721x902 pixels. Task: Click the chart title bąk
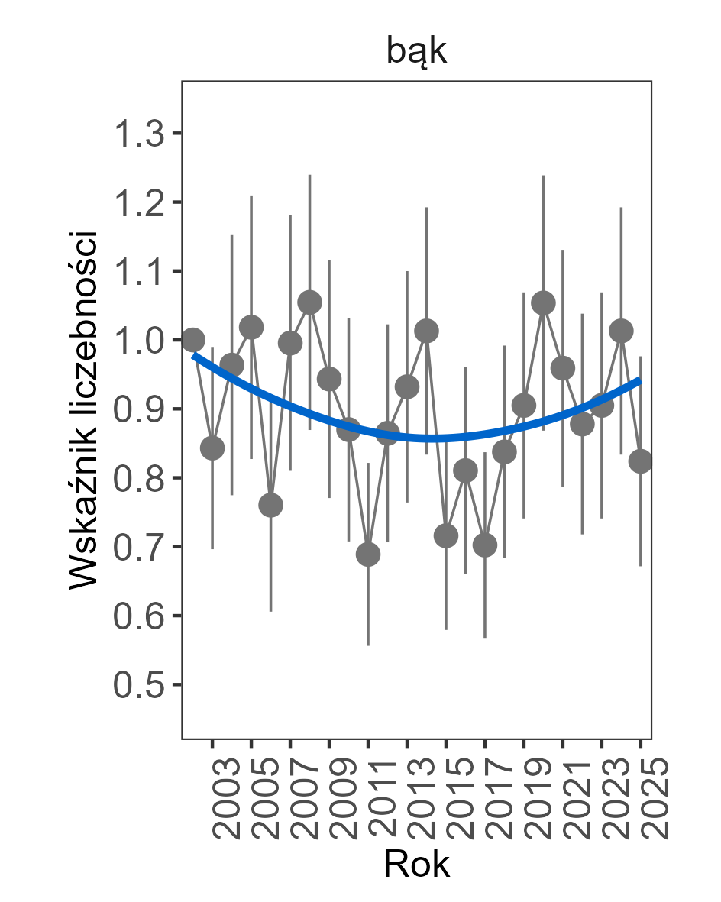click(x=416, y=53)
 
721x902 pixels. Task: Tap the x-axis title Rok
click(x=416, y=865)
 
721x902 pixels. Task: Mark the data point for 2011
click(x=368, y=554)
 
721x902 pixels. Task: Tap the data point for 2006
click(x=270, y=505)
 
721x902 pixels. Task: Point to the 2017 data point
click(x=485, y=545)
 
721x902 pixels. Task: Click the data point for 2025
click(x=640, y=461)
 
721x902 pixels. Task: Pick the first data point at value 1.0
click(x=193, y=339)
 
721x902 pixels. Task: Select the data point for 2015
click(x=446, y=536)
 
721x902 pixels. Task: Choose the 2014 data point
click(x=426, y=331)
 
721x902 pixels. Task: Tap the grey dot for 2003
click(x=212, y=448)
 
